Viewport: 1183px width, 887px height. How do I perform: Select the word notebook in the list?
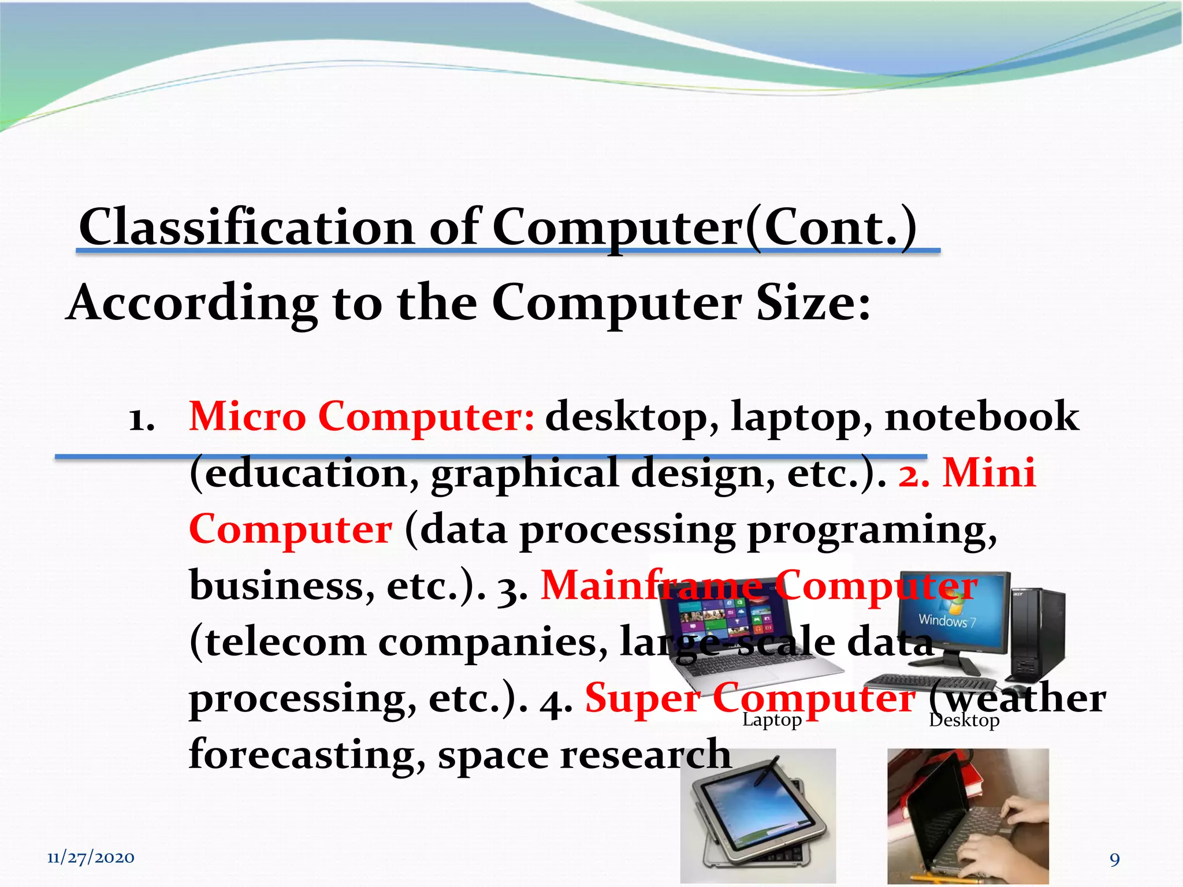981,416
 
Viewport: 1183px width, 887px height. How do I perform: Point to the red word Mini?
989,473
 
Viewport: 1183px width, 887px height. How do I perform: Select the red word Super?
642,699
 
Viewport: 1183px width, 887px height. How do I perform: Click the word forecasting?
307,755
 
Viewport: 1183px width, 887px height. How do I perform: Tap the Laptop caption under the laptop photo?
772,720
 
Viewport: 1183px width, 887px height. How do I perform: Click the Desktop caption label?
964,720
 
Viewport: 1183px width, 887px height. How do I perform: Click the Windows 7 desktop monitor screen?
953,612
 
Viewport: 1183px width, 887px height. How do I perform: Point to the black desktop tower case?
1037,632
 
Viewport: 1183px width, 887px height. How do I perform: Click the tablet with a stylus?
757,814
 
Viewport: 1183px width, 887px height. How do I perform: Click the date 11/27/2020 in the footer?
91,858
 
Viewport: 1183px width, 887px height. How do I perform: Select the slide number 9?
1114,859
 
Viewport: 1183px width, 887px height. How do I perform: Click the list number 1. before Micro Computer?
142,419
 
